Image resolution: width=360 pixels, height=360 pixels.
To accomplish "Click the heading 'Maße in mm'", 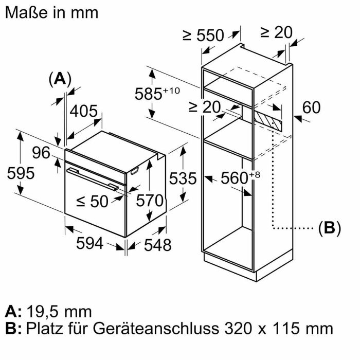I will (51, 12).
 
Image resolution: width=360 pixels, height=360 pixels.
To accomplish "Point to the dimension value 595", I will (21, 173).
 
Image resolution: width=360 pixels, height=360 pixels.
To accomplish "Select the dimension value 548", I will (156, 245).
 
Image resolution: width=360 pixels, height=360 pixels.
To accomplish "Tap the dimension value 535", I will (183, 178).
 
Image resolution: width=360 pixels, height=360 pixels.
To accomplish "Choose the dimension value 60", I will (311, 107).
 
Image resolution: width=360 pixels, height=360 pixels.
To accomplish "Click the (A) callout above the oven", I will (60, 78).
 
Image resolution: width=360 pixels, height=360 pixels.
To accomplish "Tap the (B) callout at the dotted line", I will (329, 228).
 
